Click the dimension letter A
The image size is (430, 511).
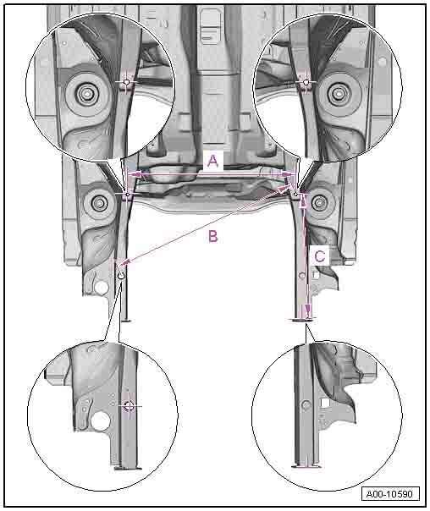point(212,161)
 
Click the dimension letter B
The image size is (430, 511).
point(212,236)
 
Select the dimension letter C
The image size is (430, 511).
point(319,256)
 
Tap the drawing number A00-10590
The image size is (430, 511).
point(390,494)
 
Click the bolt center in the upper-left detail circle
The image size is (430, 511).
point(86,94)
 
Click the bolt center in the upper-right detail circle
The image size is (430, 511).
point(339,94)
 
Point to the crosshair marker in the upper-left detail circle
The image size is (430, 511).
point(127,82)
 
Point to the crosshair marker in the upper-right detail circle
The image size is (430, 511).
point(306,82)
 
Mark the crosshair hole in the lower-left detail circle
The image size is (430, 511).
point(130,406)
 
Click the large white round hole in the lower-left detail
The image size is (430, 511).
point(101,421)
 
